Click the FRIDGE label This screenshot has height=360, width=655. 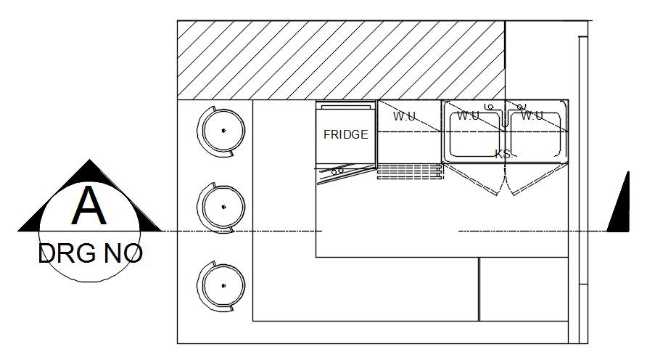click(345, 134)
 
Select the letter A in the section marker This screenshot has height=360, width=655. click(88, 207)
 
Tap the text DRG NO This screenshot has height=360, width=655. click(90, 254)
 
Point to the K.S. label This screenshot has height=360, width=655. click(504, 154)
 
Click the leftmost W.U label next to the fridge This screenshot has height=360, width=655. click(405, 116)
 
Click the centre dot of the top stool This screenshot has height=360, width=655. click(224, 130)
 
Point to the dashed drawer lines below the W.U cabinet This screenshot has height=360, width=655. click(410, 171)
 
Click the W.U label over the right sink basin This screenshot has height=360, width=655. click(532, 116)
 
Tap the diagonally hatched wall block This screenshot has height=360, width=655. click(341, 60)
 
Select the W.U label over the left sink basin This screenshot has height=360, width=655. click(469, 116)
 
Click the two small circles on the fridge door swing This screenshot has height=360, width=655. click(337, 172)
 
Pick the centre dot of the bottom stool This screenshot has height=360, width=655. click(224, 285)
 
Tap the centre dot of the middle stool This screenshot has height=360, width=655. click(223, 208)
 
